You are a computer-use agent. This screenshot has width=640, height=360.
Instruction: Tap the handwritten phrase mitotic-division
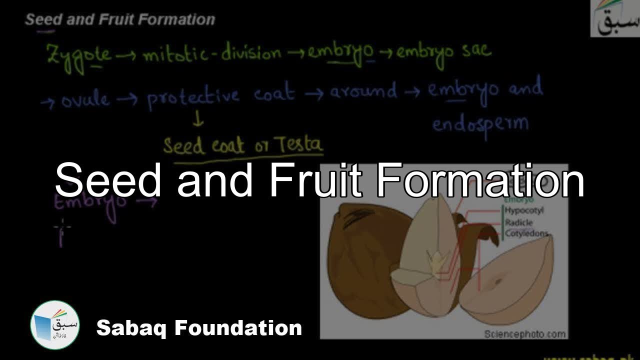coord(212,53)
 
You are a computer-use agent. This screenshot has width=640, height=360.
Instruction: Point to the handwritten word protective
coord(193,96)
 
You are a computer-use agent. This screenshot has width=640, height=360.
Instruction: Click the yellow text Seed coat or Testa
coord(243,146)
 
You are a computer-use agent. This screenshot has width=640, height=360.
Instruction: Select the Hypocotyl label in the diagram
coord(523,210)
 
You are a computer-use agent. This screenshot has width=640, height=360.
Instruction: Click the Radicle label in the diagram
coord(518,222)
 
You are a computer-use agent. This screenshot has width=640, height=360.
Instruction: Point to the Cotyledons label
coord(526,233)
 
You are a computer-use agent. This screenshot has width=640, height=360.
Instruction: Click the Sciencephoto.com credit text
coord(525,333)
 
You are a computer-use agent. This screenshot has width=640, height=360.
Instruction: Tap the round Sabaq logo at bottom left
coord(54,325)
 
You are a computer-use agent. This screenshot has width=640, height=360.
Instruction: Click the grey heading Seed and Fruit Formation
coord(120,19)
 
